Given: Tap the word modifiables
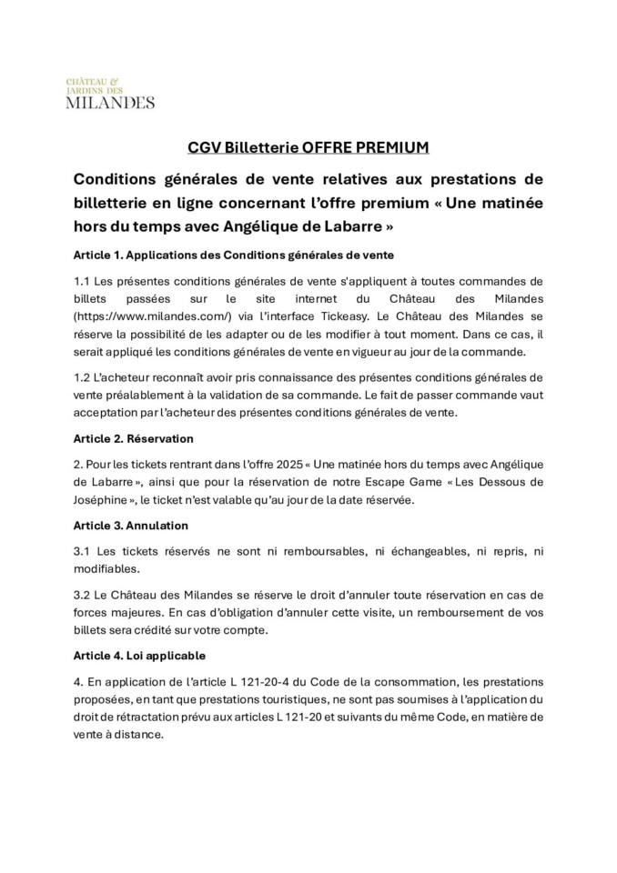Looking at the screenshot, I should (x=106, y=569).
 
